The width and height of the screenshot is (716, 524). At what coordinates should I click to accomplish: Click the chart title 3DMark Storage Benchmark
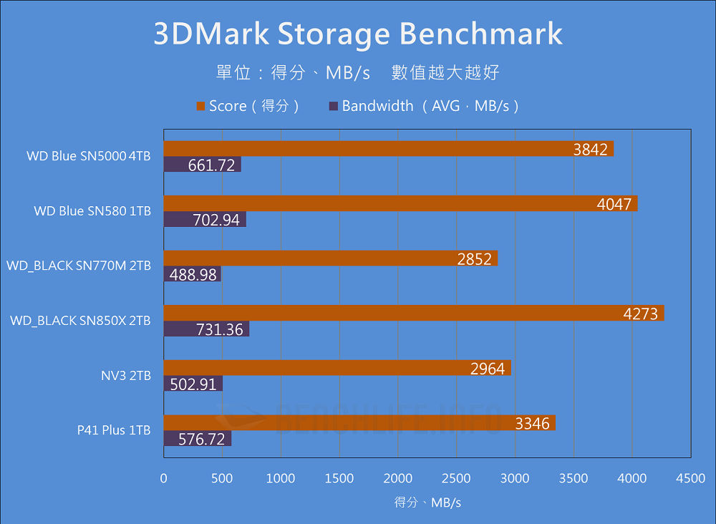[358, 34]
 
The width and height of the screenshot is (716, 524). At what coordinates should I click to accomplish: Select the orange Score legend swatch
[200, 107]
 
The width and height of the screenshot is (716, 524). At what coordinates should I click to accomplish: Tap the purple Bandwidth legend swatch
[333, 107]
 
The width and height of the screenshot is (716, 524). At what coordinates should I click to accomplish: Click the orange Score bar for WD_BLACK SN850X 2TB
[414, 313]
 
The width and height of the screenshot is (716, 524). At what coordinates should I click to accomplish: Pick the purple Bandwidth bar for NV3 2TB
[193, 384]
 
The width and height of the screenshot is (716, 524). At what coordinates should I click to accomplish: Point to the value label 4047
[614, 204]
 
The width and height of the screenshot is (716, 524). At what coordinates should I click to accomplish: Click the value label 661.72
[211, 165]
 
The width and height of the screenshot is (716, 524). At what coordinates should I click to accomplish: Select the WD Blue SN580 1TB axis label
[92, 211]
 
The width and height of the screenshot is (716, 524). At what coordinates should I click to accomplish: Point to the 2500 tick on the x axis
[456, 478]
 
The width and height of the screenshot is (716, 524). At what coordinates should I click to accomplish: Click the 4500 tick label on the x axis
[690, 478]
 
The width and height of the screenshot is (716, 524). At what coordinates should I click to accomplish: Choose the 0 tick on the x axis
[164, 478]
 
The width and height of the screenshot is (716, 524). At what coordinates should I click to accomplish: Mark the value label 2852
[475, 259]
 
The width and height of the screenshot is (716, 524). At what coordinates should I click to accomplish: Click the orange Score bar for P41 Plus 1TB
[359, 423]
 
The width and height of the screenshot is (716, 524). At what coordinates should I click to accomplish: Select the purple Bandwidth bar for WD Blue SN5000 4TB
[202, 165]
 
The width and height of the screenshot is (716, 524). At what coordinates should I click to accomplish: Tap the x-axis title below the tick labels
[427, 503]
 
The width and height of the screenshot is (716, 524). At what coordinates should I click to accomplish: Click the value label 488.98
[192, 274]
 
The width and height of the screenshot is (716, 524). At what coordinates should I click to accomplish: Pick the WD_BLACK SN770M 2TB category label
[79, 266]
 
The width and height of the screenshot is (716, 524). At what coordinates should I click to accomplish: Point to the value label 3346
[532, 423]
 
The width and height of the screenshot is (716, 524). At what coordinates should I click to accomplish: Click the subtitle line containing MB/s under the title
[357, 72]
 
